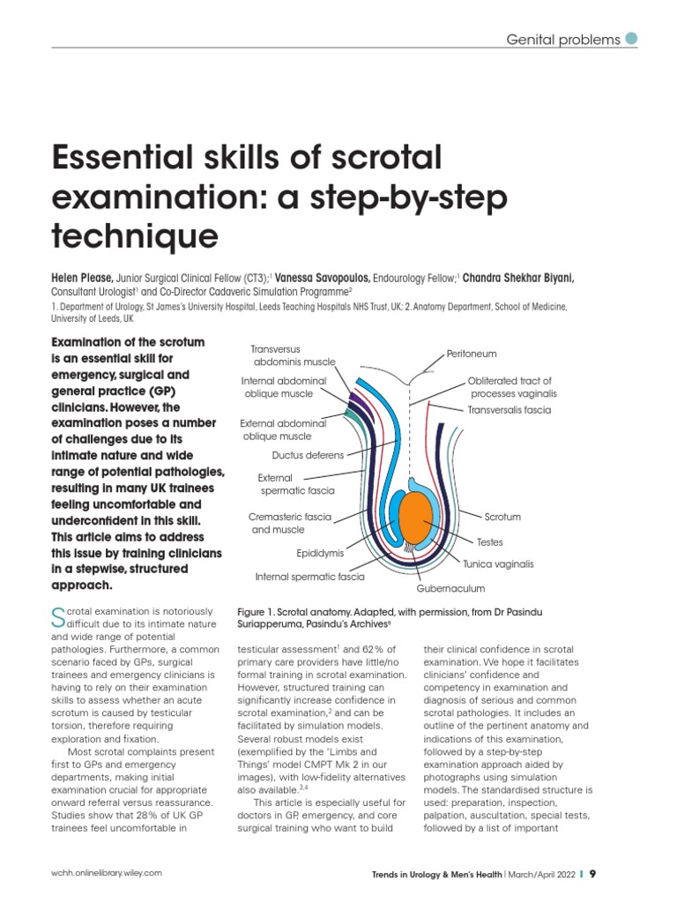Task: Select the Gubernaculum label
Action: point(450,588)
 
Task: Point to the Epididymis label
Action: point(320,554)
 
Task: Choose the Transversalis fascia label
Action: point(509,410)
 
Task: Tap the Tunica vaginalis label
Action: point(498,563)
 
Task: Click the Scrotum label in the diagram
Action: point(502,517)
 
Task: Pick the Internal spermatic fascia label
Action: point(309,577)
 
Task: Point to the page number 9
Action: point(593,873)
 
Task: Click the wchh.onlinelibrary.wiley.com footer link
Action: point(107,873)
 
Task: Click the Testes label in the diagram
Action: point(489,542)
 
